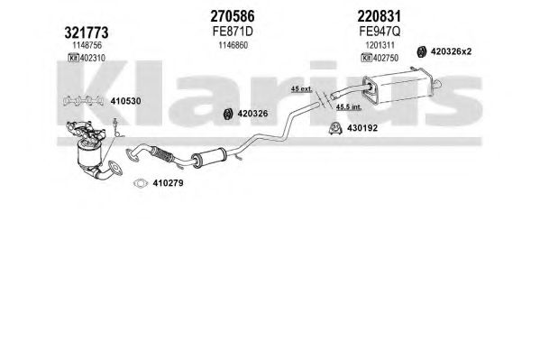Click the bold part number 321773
coord(87,32)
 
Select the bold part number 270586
coord(233,16)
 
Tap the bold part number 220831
coord(380,16)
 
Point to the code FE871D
coord(233,32)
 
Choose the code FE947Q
coord(380,32)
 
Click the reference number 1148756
coord(87,45)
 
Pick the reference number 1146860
coord(233,45)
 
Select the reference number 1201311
coord(380,45)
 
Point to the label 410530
coord(125,101)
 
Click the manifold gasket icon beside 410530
coord(84,100)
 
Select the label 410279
coord(168,183)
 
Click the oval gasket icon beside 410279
coord(141,183)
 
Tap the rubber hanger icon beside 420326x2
coord(422,51)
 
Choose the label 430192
coord(362,128)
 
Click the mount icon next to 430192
coord(334,128)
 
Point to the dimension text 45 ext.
coord(301,88)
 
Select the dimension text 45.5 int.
coord(349,106)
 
